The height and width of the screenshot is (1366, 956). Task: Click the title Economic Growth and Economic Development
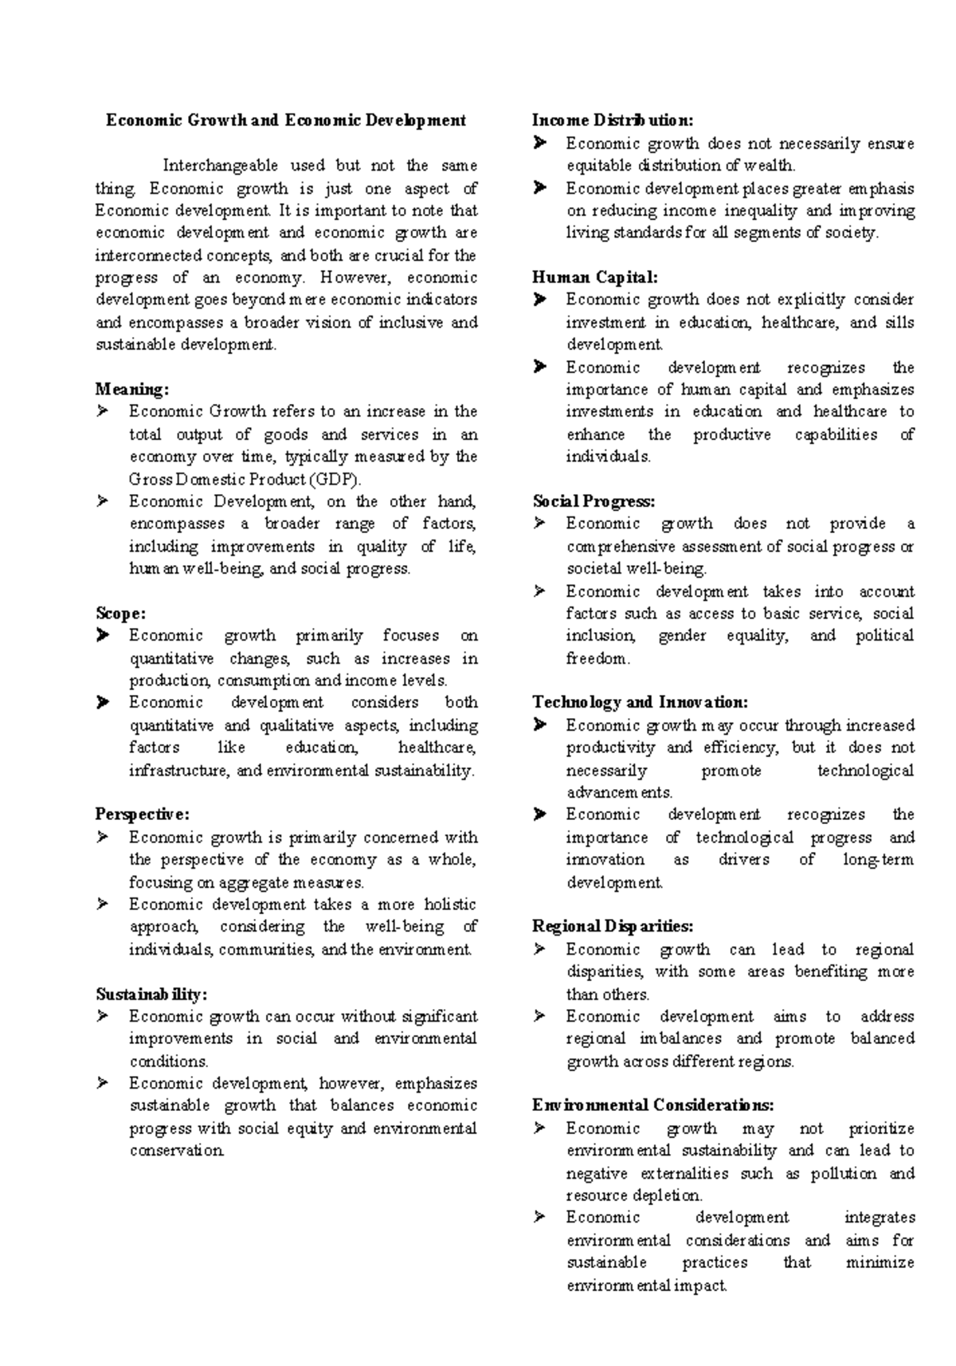point(286,120)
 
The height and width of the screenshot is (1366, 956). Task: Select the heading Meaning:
point(132,389)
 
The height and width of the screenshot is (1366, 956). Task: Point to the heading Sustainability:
point(151,994)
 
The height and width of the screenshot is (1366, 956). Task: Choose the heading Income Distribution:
point(613,120)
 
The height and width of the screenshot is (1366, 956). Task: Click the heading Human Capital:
point(595,277)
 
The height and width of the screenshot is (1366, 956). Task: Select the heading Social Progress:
point(594,501)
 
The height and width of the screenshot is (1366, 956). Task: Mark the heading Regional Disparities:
point(613,926)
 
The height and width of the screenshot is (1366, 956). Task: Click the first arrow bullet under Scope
point(102,636)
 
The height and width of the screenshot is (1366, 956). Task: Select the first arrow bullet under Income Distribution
point(539,143)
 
